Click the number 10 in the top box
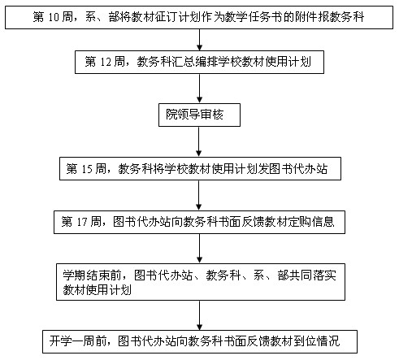click(x=54, y=17)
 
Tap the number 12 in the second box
click(x=106, y=62)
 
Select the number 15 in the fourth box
click(x=87, y=169)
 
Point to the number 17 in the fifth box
click(x=82, y=222)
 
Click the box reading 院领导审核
click(x=199, y=115)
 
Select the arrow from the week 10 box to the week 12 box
click(x=200, y=40)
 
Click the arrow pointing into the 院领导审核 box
click(x=200, y=89)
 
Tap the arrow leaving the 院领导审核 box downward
click(x=199, y=141)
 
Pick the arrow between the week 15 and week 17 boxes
click(x=199, y=195)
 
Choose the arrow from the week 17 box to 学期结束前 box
click(x=200, y=249)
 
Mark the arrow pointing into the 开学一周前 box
click(x=200, y=315)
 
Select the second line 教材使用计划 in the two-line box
click(x=98, y=290)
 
